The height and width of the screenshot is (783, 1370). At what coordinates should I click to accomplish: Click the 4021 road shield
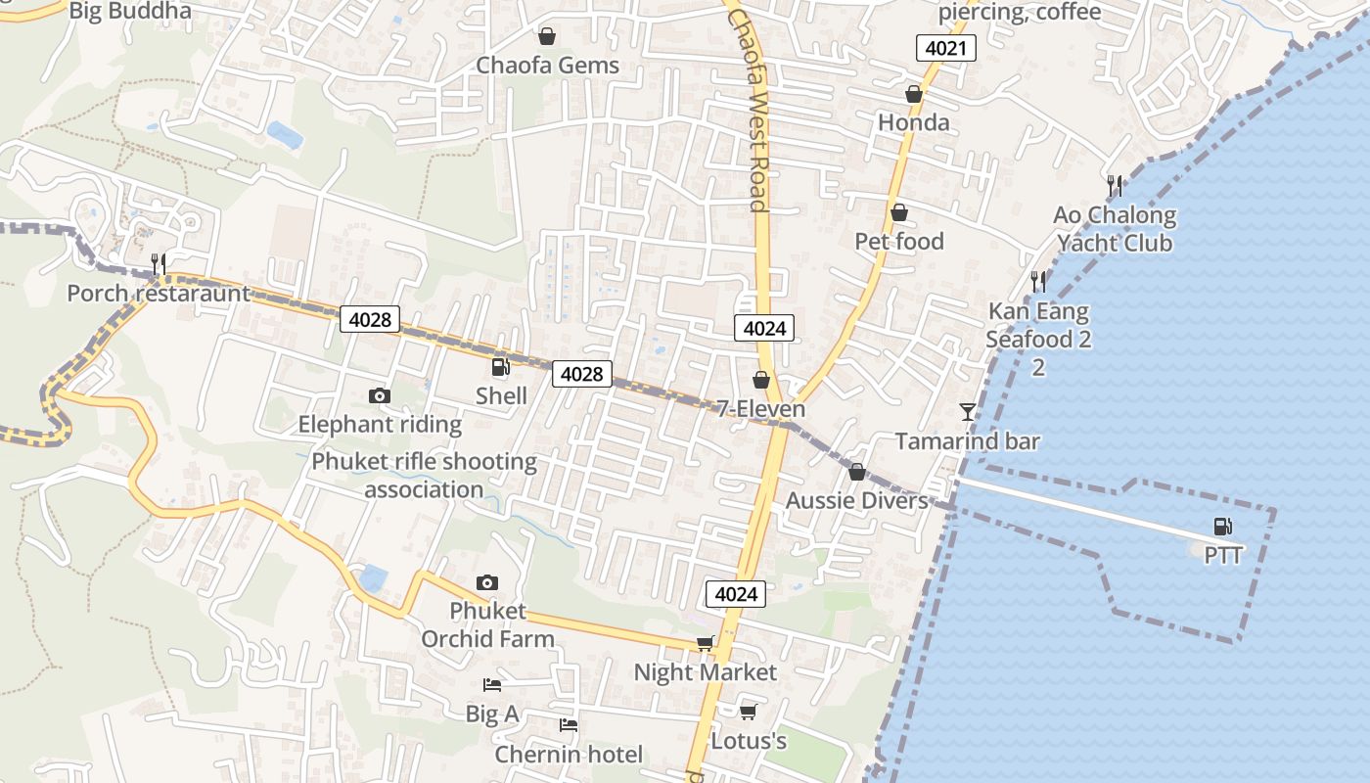point(946,48)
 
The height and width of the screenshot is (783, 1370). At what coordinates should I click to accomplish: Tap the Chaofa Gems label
point(547,66)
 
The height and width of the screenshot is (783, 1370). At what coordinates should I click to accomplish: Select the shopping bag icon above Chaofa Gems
point(547,36)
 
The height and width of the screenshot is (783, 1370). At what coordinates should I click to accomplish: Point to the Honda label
point(913,122)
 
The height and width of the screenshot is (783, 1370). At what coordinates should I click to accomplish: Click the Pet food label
point(898,242)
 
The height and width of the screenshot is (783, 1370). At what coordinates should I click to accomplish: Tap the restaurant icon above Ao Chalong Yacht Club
point(1114,184)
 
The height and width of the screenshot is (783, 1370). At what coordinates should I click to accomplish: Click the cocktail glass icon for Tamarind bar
point(968,412)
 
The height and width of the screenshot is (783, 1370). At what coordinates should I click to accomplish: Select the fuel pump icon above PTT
point(1222,527)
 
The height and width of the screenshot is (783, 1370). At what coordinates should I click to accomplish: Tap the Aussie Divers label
point(856,501)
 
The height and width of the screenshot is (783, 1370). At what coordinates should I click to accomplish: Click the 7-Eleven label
point(760,409)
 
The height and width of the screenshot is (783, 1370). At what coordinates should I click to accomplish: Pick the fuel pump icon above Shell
point(500,367)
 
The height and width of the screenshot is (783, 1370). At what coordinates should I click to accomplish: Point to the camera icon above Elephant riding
point(379,395)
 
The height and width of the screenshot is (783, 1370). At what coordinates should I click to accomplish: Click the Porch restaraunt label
point(159,294)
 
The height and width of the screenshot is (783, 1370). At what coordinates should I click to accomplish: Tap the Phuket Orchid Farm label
point(487,624)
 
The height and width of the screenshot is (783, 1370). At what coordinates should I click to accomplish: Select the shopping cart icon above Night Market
point(705,643)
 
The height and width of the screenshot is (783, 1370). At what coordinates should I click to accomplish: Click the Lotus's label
point(749,741)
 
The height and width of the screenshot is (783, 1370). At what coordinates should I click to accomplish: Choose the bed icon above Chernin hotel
point(568,725)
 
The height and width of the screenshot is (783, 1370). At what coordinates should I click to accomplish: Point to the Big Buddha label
point(130,12)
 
